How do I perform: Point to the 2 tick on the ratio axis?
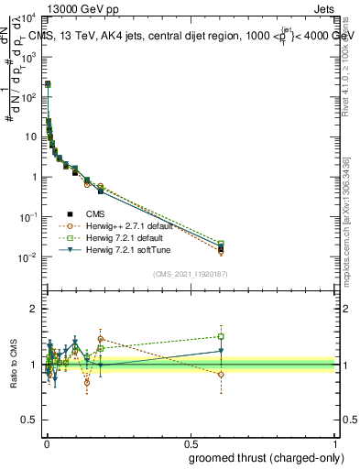tap(34, 309)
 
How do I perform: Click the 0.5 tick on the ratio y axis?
tap(29, 422)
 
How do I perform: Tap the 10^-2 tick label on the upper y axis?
tap(28, 257)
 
